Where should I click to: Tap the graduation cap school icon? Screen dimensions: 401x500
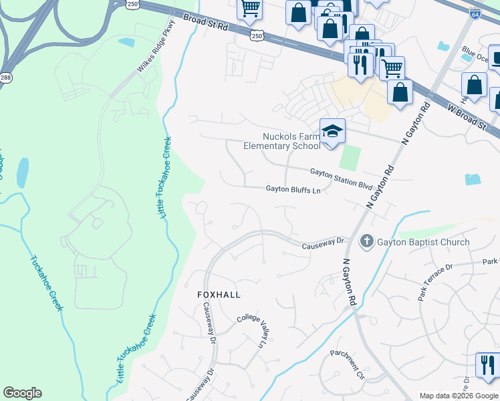point(332,132)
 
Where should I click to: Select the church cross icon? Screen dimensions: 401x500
point(366,241)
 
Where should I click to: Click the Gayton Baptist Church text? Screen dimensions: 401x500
point(422,242)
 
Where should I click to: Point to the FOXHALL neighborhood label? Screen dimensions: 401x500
point(218,294)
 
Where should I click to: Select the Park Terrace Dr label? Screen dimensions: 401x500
point(435,281)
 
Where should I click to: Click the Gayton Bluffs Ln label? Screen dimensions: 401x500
point(293,190)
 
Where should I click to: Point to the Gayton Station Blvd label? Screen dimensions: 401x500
point(340,176)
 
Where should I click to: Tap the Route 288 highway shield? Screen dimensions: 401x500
point(5,77)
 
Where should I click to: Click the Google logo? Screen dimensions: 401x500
point(22,393)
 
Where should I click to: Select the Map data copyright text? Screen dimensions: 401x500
point(459,396)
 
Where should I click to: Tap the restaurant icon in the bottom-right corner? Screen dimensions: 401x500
point(487,365)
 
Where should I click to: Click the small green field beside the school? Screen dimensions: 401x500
point(350,158)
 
